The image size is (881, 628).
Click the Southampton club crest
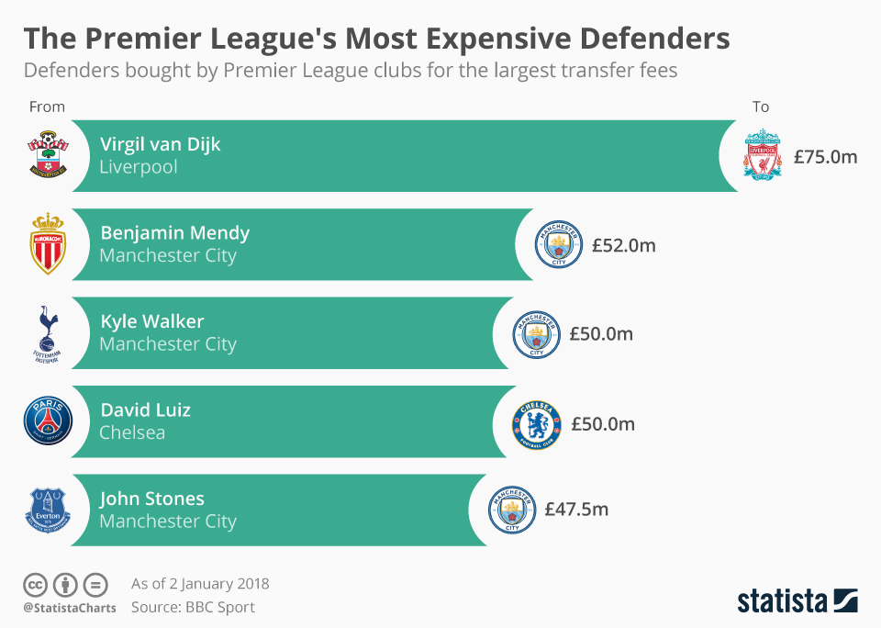pos(48,154)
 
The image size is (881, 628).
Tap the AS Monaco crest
pos(48,243)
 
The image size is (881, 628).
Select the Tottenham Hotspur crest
pos(48,332)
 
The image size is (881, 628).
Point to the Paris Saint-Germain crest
pos(48,421)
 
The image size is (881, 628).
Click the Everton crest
pos(48,510)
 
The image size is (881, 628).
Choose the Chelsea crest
pos(536,424)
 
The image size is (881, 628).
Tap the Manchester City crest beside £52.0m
pos(559,245)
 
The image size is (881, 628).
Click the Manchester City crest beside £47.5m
pos(512,510)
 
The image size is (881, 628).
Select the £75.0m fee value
pos(826,157)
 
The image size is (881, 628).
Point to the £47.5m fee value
pos(576,510)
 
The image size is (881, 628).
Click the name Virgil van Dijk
pos(161,144)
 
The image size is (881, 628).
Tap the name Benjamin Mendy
pos(174,233)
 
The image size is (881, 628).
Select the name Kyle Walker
pos(152,321)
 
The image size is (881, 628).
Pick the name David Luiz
pos(145,409)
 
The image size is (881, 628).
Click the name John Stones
pos(152,499)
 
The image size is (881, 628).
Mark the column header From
pos(47,107)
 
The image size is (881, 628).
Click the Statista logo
pos(797,601)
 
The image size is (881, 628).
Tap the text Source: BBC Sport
pos(193,607)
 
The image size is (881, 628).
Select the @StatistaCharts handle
pos(70,608)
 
